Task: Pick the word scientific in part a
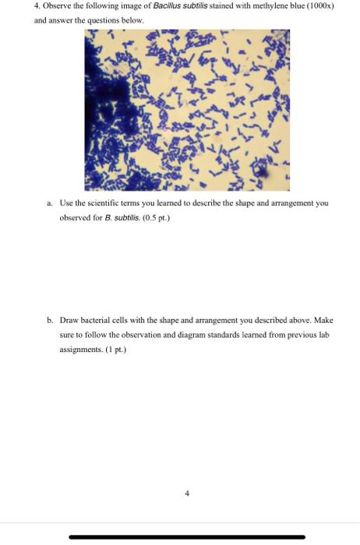point(129,202)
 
